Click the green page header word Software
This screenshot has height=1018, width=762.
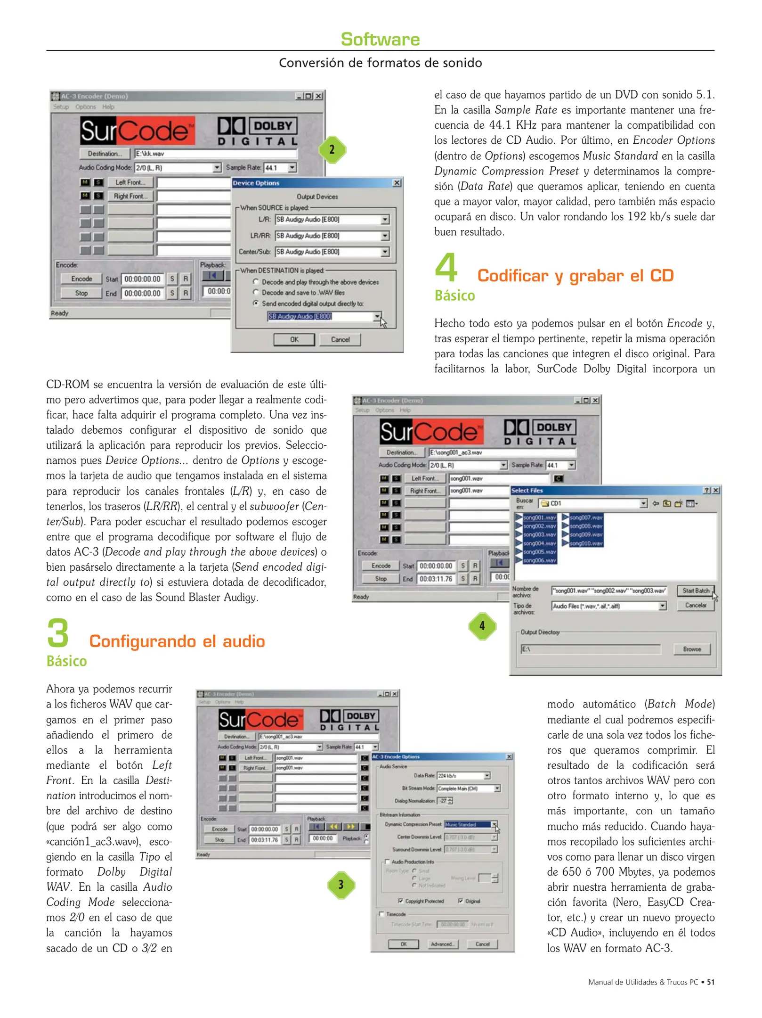click(x=380, y=39)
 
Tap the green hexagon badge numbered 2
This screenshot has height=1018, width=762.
click(x=332, y=149)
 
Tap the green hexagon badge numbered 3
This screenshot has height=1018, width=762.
click(x=341, y=885)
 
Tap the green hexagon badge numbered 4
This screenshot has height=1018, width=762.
click(x=482, y=625)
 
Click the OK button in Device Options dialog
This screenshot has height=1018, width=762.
click(x=294, y=339)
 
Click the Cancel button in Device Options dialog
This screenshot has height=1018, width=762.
click(x=340, y=339)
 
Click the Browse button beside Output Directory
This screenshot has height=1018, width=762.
click(x=691, y=649)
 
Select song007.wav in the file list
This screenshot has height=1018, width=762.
click(x=585, y=517)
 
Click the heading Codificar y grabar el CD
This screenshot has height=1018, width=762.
click(x=575, y=276)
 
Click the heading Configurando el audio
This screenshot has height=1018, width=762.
click(x=177, y=641)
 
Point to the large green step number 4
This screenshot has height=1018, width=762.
click(x=446, y=267)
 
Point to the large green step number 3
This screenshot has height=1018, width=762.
click(x=58, y=633)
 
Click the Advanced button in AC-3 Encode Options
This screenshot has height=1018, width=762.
click(x=442, y=944)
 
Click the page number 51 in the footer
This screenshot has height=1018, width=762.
click(x=710, y=982)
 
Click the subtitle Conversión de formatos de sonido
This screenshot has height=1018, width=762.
click(x=380, y=63)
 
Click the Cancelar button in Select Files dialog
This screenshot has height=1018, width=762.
click(x=695, y=605)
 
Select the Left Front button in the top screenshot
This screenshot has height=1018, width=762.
click(x=130, y=182)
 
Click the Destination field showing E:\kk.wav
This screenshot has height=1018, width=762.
click(x=215, y=154)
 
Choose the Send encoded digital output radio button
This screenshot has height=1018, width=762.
click(x=256, y=303)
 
